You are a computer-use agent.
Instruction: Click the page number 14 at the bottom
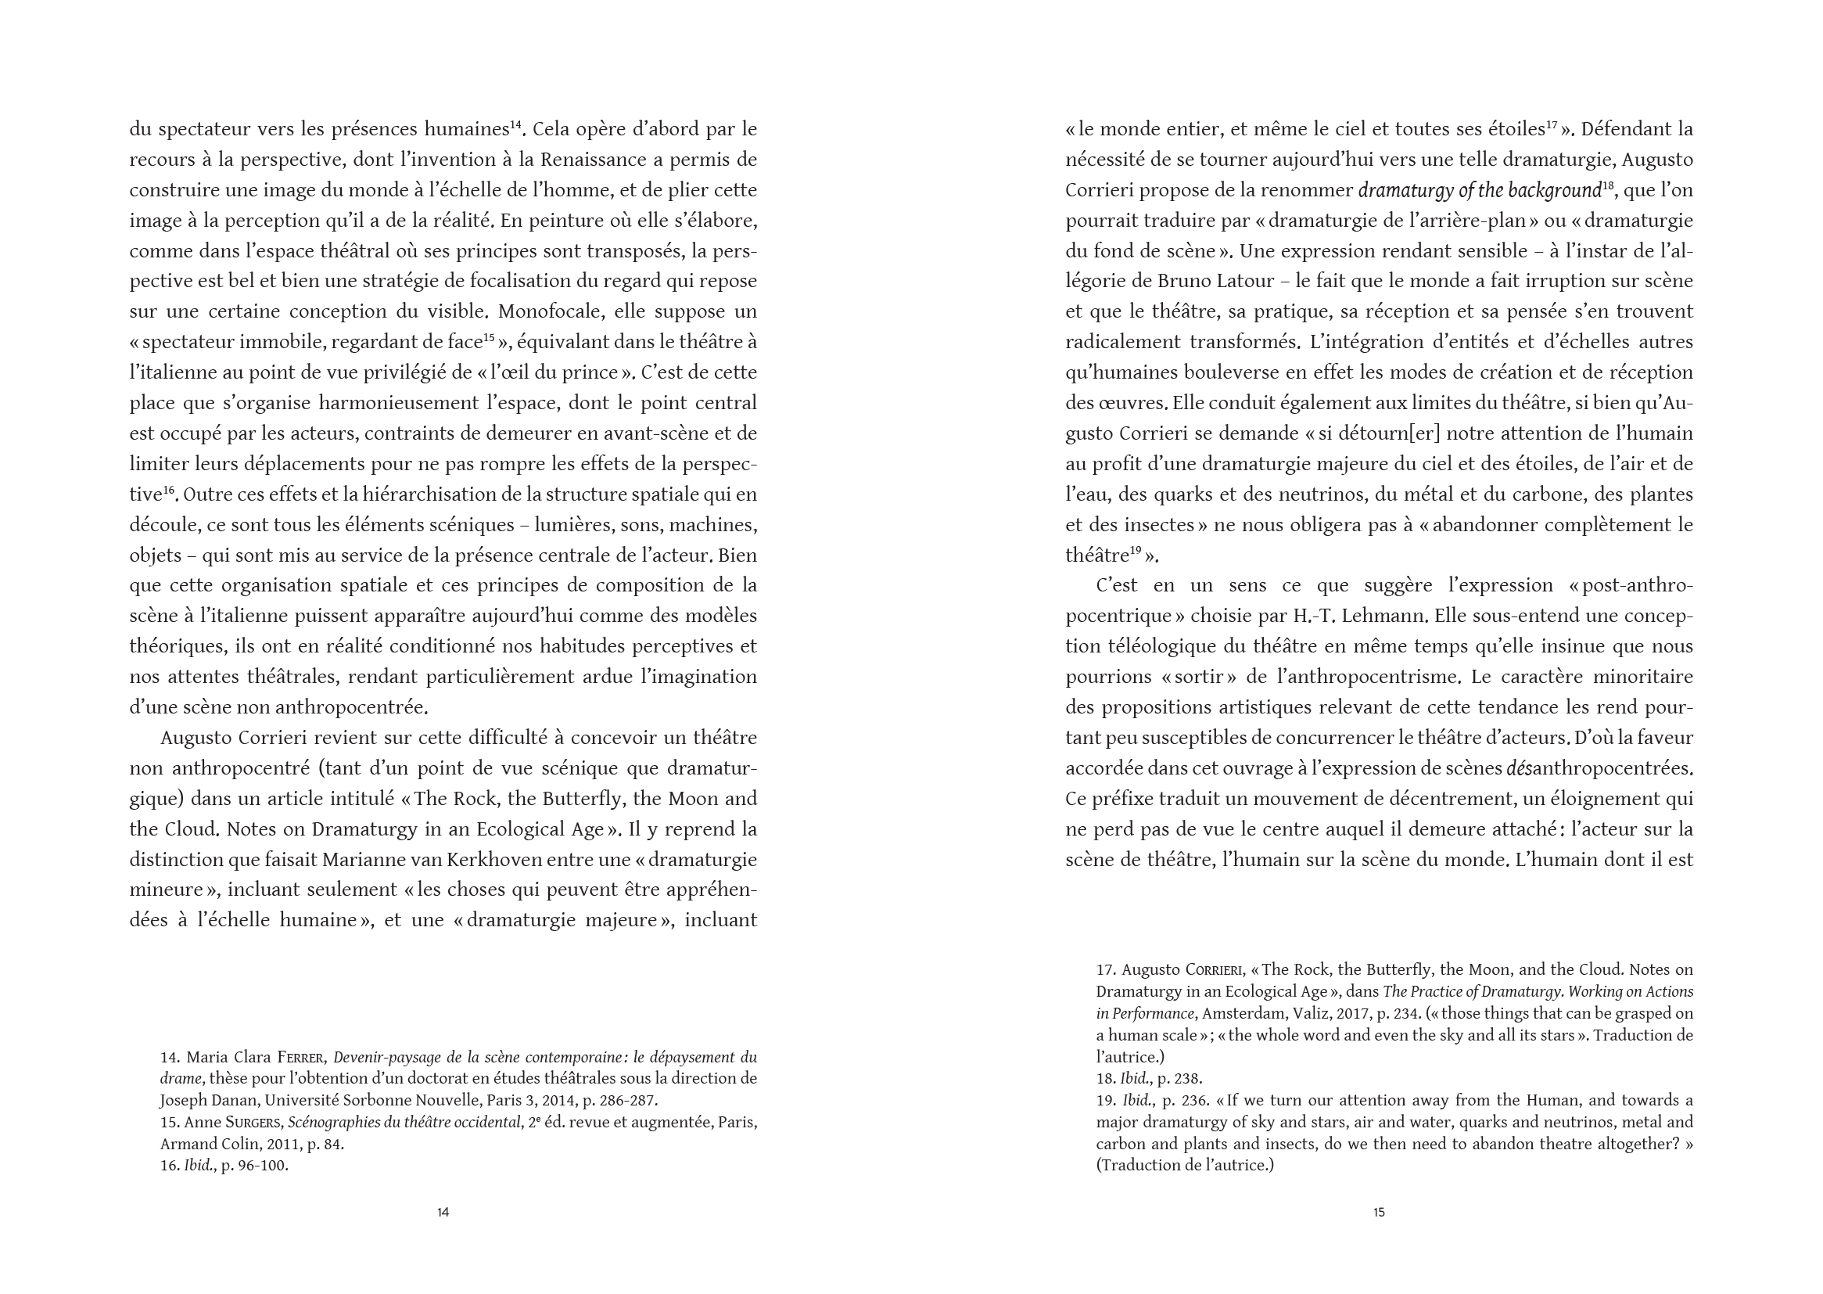[443, 1212]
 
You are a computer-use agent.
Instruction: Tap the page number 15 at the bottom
[1379, 1212]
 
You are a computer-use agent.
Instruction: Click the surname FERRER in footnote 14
[301, 1059]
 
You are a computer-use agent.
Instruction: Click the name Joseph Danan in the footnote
[208, 1102]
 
